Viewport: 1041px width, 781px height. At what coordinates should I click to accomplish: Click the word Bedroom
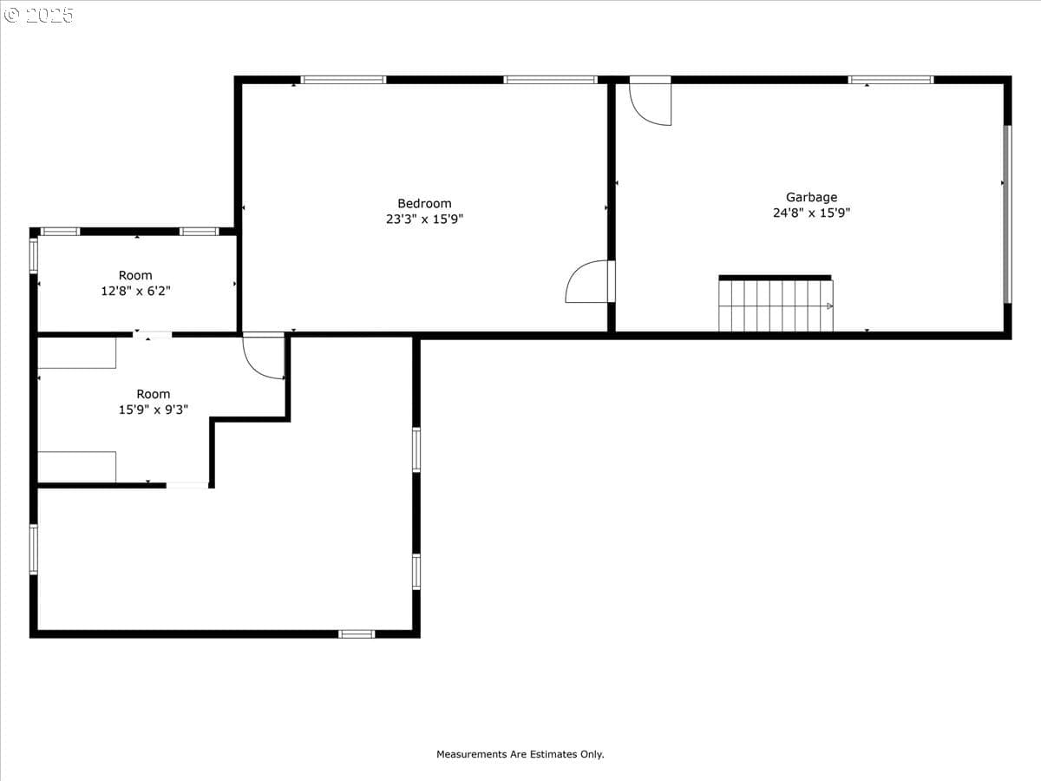pyautogui.click(x=424, y=203)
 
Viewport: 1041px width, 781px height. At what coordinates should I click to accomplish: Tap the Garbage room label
pyautogui.click(x=811, y=197)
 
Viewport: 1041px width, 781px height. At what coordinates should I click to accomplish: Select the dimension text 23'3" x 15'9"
pyautogui.click(x=424, y=219)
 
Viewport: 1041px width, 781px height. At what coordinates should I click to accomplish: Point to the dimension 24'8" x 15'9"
pyautogui.click(x=811, y=213)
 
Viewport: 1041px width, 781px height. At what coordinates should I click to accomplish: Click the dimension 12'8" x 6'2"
pyautogui.click(x=135, y=291)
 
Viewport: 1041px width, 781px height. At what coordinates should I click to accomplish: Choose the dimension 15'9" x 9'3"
pyautogui.click(x=154, y=410)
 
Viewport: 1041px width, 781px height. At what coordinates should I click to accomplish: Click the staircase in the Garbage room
pyautogui.click(x=776, y=304)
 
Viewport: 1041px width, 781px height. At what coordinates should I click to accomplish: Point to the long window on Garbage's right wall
pyautogui.click(x=1007, y=213)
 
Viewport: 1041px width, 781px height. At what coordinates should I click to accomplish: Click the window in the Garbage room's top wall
pyautogui.click(x=891, y=80)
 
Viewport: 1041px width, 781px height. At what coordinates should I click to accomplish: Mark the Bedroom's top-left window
pyautogui.click(x=344, y=80)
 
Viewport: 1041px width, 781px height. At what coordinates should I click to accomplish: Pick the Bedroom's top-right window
pyautogui.click(x=550, y=80)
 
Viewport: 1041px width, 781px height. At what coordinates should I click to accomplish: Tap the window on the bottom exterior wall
pyautogui.click(x=357, y=634)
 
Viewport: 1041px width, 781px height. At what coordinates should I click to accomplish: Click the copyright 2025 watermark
pyautogui.click(x=38, y=15)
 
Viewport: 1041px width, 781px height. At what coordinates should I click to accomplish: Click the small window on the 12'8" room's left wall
pyautogui.click(x=34, y=256)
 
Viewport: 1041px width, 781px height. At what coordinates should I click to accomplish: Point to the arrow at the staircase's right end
pyautogui.click(x=829, y=305)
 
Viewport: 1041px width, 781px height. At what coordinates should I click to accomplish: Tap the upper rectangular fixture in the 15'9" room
pyautogui.click(x=77, y=353)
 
